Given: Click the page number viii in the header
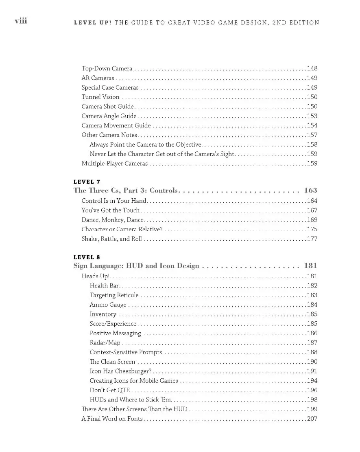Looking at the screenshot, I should tap(21, 21).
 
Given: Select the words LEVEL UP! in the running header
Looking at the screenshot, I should tap(92, 23).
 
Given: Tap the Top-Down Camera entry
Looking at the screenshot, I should tap(107, 68).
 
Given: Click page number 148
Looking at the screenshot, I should tap(312, 68).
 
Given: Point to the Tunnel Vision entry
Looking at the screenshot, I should tap(100, 97).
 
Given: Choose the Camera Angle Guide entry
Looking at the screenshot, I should tap(109, 116).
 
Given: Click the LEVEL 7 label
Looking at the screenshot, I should tap(87, 182).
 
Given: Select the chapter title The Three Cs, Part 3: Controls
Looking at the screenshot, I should tap(126, 190).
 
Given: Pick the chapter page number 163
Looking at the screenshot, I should tap(310, 190).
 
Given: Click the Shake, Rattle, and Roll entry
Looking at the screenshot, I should tap(111, 239).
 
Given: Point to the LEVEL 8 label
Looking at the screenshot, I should tap(87, 257).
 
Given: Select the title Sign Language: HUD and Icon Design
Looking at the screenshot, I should tap(136, 266).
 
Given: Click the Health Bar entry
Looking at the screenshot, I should tap(104, 286).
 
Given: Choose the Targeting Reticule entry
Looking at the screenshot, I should tap(114, 295).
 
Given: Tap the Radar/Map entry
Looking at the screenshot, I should tap(105, 343).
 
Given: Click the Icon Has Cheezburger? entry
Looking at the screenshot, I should tap(120, 371).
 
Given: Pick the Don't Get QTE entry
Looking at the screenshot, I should tap(110, 390).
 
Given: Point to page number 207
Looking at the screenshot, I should tap(312, 419).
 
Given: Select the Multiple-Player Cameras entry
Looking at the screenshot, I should tap(115, 164).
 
